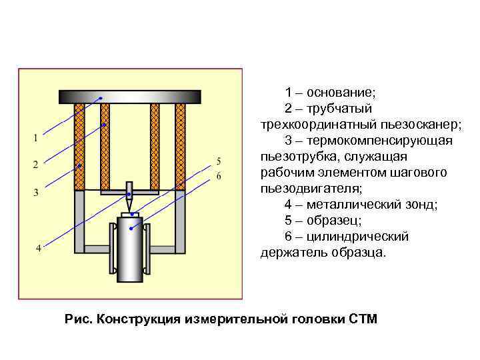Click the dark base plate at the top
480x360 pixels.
coord(130,97)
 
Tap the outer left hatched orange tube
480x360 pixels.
coord(79,147)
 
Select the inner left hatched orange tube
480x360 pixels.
coord(105,147)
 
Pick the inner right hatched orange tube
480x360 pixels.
coord(155,147)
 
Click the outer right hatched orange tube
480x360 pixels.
coord(180,147)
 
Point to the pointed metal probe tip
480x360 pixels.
coord(131,201)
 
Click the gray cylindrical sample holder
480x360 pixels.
coord(131,250)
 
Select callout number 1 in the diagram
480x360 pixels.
coord(35,138)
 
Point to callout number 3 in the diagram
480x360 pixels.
coord(35,192)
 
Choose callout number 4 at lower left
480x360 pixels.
coord(39,248)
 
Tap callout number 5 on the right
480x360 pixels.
coord(218,161)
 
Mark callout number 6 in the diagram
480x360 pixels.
coord(218,176)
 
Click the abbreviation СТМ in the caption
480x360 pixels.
coord(363,319)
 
